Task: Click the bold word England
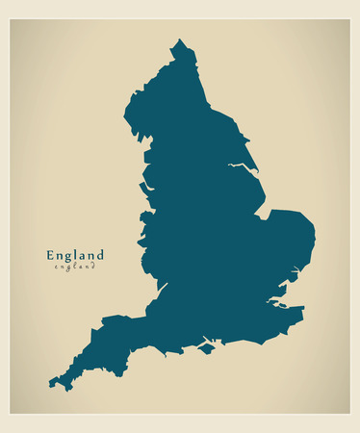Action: [x=75, y=255]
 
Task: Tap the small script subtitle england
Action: [x=75, y=267]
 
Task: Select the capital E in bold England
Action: [x=51, y=255]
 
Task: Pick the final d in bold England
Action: [x=99, y=255]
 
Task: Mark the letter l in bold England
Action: [x=79, y=255]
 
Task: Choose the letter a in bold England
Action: [x=85, y=256]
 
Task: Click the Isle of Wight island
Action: [x=205, y=349]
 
